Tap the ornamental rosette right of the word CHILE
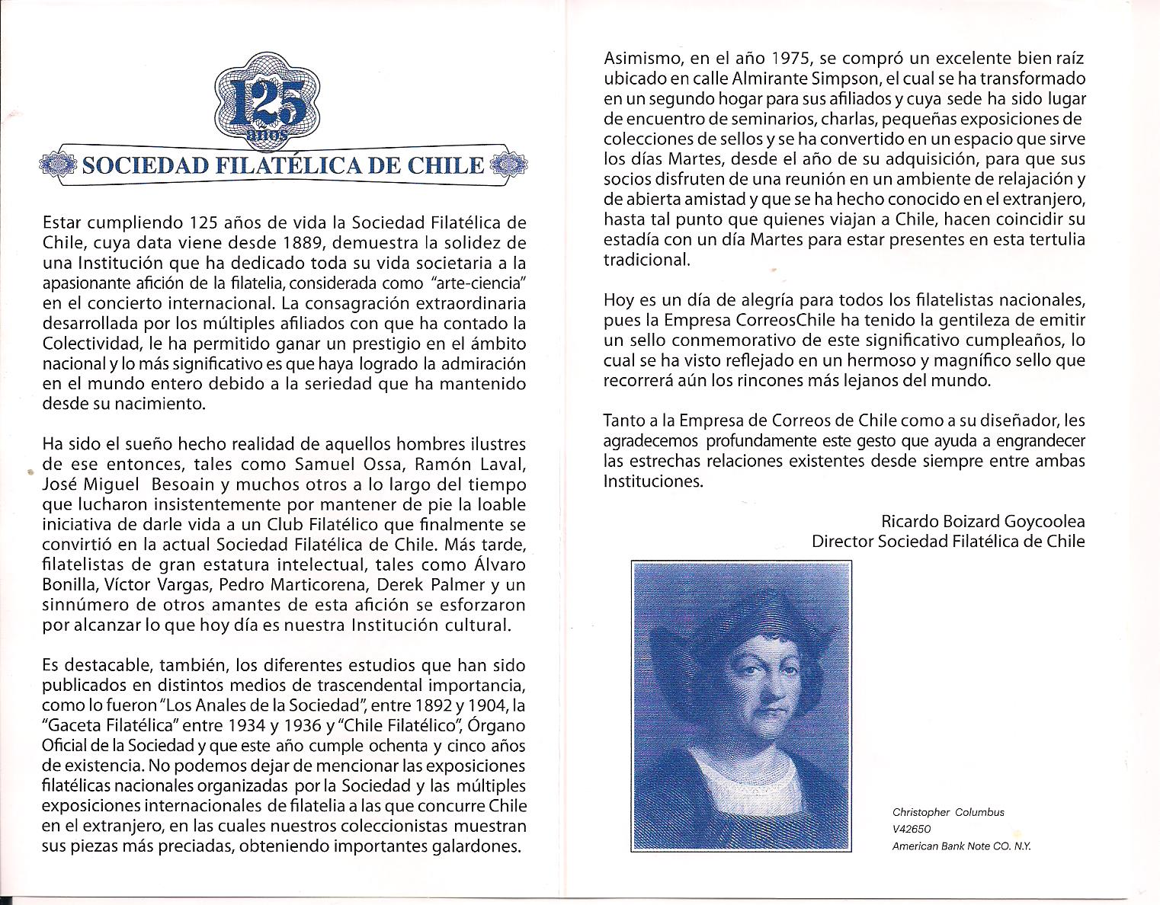[x=505, y=165]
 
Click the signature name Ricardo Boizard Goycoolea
[x=982, y=522]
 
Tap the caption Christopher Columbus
[x=947, y=812]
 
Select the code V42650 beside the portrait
[x=912, y=829]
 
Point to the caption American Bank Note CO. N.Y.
[x=961, y=846]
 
